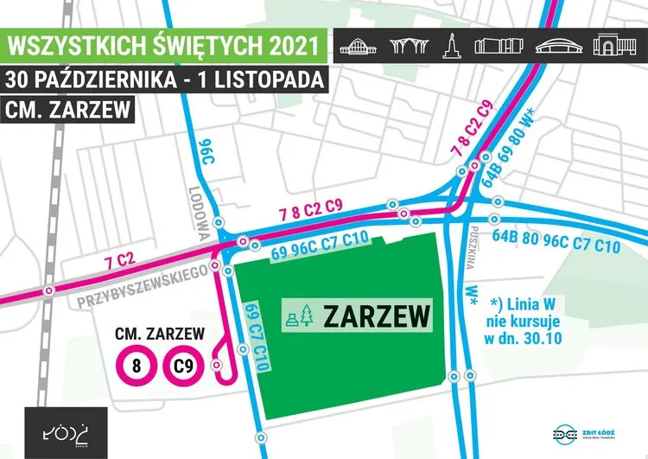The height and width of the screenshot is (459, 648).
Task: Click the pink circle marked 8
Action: [x=137, y=366]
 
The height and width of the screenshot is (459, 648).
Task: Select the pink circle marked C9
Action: [x=181, y=366]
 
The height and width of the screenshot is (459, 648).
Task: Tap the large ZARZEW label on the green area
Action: [x=377, y=316]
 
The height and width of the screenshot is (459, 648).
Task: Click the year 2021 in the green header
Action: [x=278, y=43]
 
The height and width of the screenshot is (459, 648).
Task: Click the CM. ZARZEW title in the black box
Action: [x=67, y=110]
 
